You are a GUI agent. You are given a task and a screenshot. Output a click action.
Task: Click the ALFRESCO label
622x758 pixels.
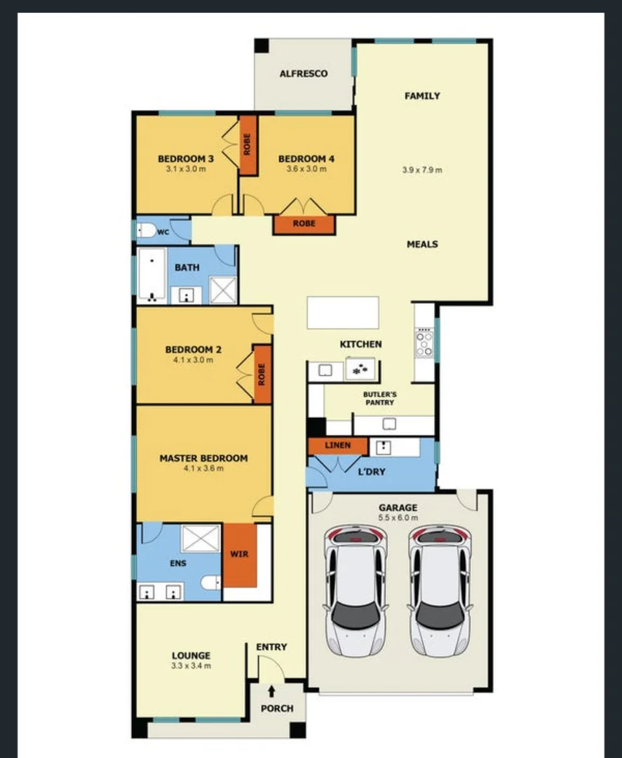[x=303, y=74]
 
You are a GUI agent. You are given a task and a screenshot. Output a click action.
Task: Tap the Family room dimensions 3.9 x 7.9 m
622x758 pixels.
[x=422, y=170]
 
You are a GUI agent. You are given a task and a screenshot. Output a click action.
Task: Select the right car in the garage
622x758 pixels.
[x=440, y=590]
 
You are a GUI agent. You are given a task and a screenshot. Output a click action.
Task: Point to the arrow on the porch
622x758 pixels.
[x=272, y=693]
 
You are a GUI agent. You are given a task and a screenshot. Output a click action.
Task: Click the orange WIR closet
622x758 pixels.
[x=239, y=554]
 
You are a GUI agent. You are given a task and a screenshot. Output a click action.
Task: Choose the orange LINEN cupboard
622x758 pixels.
[x=337, y=446]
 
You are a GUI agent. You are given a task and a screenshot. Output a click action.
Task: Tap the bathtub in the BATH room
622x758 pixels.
[x=151, y=274]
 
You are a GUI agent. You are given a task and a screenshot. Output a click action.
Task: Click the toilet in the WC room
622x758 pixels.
[x=147, y=231]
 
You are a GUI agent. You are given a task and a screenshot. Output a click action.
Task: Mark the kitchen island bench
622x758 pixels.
[x=343, y=312]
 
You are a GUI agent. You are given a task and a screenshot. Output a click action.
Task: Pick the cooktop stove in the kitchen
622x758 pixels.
[x=424, y=343]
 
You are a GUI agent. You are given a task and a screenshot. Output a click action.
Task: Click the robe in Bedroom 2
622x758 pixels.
[x=262, y=374]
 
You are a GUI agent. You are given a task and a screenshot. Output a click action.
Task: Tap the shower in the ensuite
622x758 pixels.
[x=201, y=539]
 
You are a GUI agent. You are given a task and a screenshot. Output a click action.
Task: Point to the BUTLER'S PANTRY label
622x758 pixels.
[x=379, y=399]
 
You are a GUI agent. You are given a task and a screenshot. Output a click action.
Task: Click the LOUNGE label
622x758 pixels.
[x=191, y=656]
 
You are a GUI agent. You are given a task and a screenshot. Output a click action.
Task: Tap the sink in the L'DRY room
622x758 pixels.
[x=383, y=447]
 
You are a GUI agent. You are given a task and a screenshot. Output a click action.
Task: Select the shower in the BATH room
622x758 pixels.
[x=223, y=290]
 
